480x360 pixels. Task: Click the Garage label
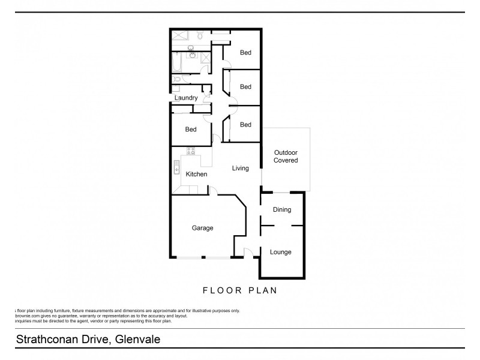point(202,228)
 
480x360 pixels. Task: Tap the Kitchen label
point(196,175)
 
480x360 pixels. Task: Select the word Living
point(240,169)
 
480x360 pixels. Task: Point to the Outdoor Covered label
point(286,156)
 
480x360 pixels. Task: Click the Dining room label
point(281,210)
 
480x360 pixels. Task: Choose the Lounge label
point(280,252)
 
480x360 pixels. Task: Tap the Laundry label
point(186,98)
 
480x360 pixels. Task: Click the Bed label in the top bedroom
point(245,53)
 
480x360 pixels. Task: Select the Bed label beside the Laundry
point(191,130)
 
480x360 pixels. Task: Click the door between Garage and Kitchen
point(212,191)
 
